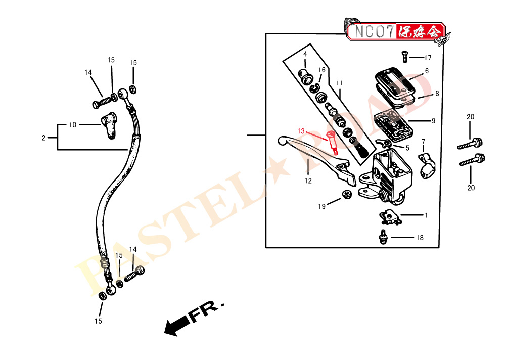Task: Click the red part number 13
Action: click(x=301, y=131)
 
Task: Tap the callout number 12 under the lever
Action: click(x=308, y=181)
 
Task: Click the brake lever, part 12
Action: click(x=313, y=154)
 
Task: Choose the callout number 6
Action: click(x=427, y=71)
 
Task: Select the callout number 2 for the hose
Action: click(x=43, y=138)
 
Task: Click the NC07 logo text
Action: click(x=371, y=32)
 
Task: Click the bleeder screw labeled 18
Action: click(x=383, y=236)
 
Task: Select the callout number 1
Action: click(x=426, y=215)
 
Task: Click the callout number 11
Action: click(x=339, y=83)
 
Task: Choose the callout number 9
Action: click(x=433, y=121)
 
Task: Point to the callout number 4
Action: click(x=305, y=54)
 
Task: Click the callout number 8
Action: click(x=437, y=94)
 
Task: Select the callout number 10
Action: click(x=73, y=125)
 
